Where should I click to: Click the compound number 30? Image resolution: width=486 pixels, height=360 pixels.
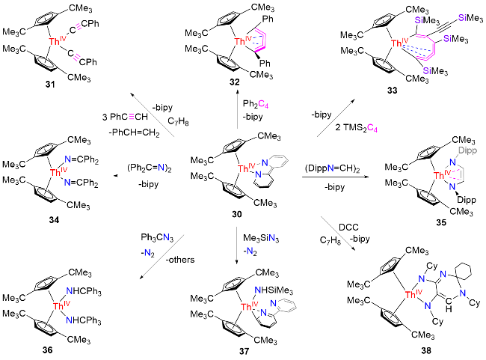point(237,214)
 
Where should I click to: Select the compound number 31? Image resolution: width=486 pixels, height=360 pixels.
point(50,84)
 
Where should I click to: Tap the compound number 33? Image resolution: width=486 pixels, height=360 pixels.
point(392,91)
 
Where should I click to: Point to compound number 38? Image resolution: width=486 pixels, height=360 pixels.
point(426,350)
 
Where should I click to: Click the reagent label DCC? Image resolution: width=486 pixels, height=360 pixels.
point(348,228)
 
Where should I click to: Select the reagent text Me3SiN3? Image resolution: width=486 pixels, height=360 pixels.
point(261,238)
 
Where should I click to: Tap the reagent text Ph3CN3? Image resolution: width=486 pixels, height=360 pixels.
point(157,238)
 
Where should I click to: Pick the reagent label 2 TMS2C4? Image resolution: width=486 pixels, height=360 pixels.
point(356,127)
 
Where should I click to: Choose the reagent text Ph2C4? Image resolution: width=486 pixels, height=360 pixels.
point(256,104)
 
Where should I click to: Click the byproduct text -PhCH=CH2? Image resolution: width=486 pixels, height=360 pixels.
point(134,132)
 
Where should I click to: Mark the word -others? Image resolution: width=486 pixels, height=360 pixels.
point(180,260)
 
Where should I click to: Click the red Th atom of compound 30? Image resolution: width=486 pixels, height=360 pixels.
point(243,168)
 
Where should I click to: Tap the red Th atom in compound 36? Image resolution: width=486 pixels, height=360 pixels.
point(58,306)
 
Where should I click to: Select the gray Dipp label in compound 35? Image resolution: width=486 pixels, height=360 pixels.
point(467,150)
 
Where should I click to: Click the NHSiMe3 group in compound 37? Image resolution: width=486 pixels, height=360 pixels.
point(274,290)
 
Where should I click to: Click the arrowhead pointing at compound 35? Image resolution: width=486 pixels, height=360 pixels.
point(367,177)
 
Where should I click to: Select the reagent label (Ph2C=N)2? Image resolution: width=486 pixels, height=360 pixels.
point(149,168)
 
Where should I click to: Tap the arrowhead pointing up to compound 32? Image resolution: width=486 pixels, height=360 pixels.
point(238,91)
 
